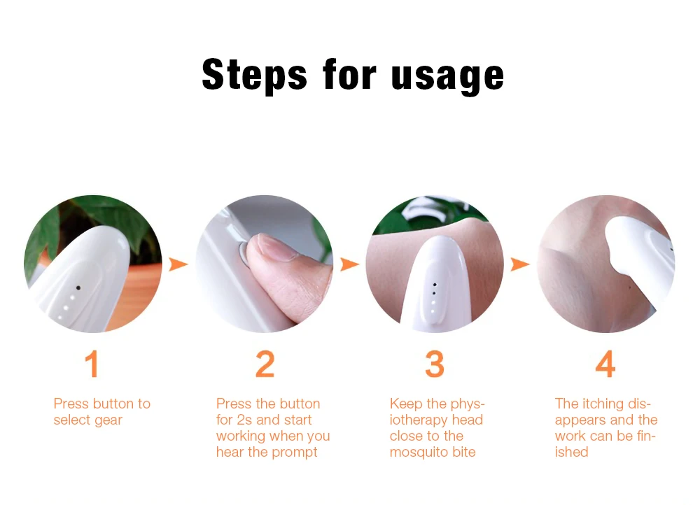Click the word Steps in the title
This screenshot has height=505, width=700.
pos(255,75)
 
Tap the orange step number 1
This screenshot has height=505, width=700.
pos(92,364)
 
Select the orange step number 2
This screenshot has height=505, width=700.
pos(265,364)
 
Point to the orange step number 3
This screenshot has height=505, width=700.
pos(435,364)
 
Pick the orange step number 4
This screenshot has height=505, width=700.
pos(605,364)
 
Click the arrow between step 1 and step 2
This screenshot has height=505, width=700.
pos(178,264)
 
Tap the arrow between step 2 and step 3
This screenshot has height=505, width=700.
pos(349,264)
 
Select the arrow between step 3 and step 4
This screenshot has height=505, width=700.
pos(520,264)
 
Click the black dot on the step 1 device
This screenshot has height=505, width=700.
pos(78,288)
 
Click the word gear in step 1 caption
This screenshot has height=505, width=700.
pos(108,420)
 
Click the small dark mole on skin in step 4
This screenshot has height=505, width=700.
pos(630,287)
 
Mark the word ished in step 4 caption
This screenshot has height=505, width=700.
pos(571,452)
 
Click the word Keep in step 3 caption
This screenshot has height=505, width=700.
pos(406,404)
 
